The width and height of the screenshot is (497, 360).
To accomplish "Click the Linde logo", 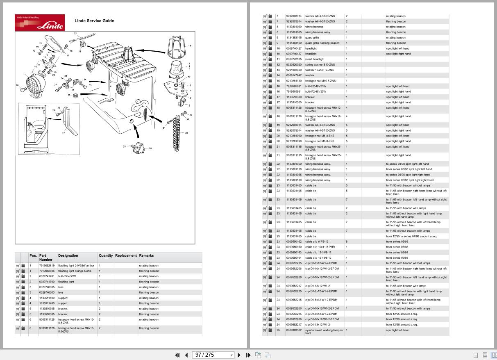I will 40,23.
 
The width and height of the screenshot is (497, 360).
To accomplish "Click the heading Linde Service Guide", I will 94,21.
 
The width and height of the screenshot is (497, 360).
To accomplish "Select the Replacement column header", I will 126,255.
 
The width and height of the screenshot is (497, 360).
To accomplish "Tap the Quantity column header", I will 105,255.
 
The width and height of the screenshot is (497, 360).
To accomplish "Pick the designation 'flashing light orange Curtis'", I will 75,271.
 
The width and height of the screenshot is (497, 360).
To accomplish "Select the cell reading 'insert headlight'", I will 315,59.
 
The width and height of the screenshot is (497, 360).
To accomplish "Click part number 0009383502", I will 294,330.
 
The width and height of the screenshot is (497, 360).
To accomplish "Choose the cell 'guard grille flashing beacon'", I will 322,43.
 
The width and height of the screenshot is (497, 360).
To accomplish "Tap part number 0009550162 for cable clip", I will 294,242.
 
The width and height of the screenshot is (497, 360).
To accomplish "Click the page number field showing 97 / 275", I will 213,355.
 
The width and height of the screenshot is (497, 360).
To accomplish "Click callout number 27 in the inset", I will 64,133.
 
